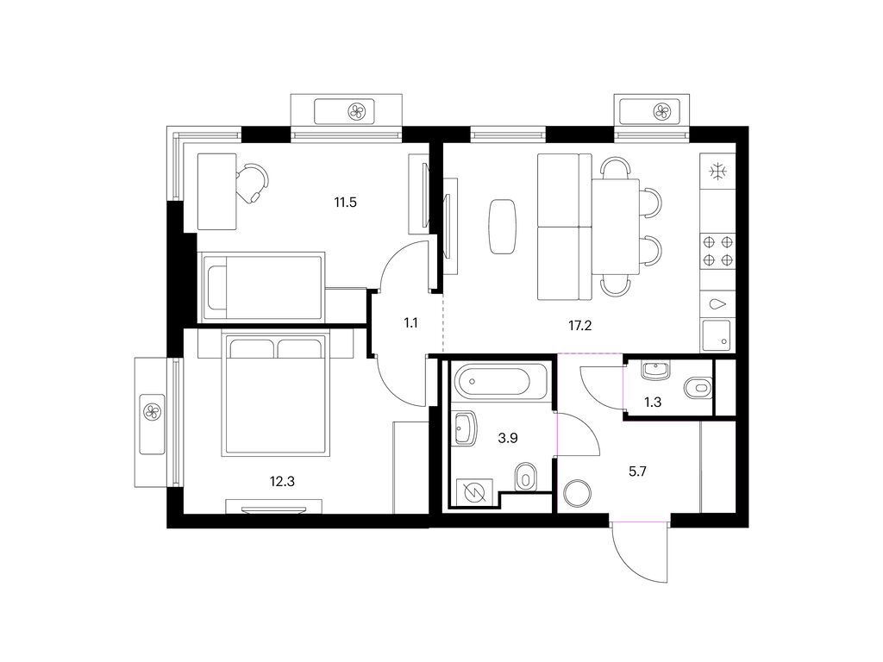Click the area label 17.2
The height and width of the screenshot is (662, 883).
click(579, 325)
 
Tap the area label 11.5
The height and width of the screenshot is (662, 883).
click(345, 202)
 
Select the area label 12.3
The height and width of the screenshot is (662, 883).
click(282, 481)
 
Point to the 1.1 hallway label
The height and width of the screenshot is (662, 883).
click(411, 323)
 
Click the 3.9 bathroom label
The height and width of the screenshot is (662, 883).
click(508, 437)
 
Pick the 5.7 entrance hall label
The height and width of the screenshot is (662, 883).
click(637, 472)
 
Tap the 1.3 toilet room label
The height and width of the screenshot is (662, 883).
click(653, 402)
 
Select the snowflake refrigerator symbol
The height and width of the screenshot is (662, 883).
click(718, 172)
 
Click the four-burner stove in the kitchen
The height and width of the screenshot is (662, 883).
click(718, 251)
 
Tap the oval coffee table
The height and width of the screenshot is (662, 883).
click(503, 227)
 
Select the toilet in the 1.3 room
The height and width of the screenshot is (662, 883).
click(698, 387)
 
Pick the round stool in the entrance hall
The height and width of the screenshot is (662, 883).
click(577, 493)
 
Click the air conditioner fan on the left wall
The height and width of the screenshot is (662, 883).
click(153, 412)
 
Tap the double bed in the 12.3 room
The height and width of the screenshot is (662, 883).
click(275, 395)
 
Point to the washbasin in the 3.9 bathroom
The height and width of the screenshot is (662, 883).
click(465, 428)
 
